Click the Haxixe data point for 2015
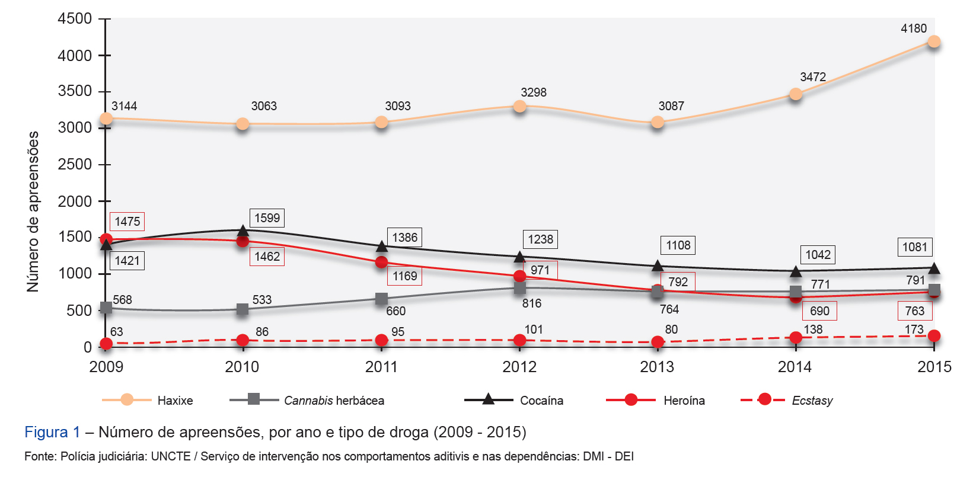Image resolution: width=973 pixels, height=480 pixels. point(934,41)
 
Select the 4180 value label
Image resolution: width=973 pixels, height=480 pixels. point(913,28)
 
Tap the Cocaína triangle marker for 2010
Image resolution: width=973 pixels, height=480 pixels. point(243,230)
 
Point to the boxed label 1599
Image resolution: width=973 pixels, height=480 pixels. point(267,218)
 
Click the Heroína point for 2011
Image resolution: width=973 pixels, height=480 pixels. point(381,262)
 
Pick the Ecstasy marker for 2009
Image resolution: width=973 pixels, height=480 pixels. point(106,344)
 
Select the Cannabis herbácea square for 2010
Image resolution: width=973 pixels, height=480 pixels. point(243,309)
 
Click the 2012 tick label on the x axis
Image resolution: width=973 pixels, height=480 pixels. point(519,367)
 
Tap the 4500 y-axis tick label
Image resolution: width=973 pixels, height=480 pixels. point(75,19)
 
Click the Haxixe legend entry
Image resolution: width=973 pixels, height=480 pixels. point(148,400)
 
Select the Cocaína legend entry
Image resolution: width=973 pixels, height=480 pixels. point(514,400)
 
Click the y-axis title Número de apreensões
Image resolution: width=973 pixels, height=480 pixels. point(33,212)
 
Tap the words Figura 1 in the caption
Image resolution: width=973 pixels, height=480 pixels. point(52,432)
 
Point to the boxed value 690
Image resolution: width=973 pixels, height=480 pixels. point(819,311)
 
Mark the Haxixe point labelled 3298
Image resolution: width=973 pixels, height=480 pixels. point(519,107)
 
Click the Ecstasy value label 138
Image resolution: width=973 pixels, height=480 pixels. point(813,329)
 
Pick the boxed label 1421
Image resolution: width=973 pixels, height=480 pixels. point(127,261)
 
